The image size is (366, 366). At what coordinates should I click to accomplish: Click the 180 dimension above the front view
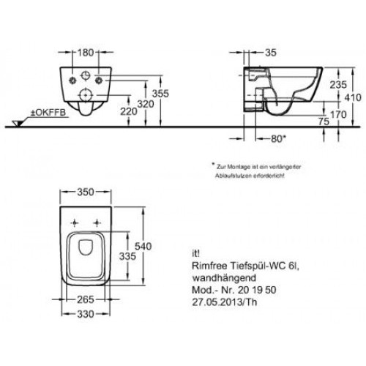tap(88, 52)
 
